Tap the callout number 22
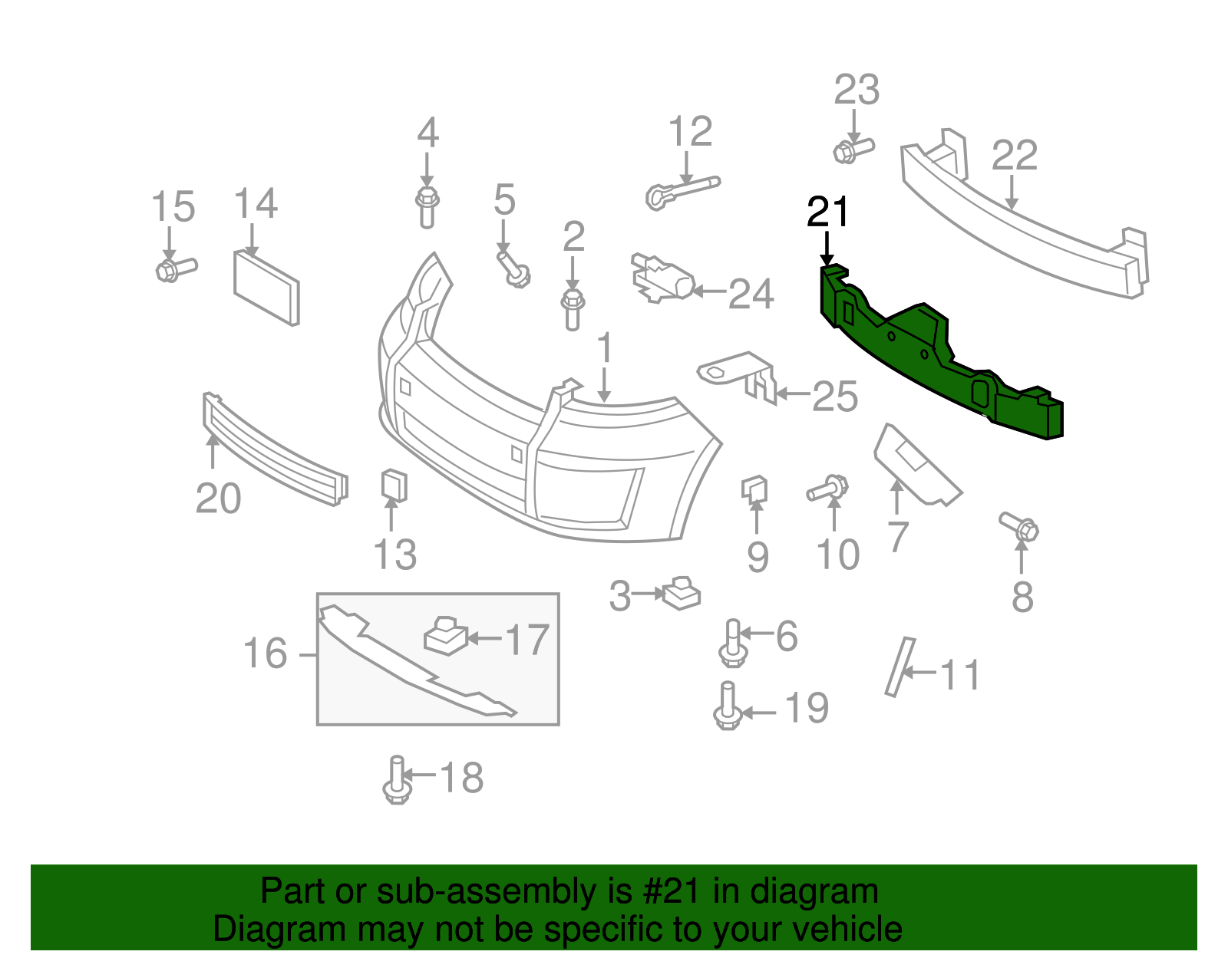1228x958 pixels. click(x=1014, y=156)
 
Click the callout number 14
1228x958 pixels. click(x=256, y=204)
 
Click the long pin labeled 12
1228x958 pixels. click(x=683, y=189)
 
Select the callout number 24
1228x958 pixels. click(x=751, y=294)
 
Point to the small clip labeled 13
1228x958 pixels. click(x=394, y=486)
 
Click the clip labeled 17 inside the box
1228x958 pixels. click(x=445, y=636)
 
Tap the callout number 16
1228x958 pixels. click(x=265, y=653)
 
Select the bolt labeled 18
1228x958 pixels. click(x=395, y=780)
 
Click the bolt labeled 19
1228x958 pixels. click(x=727, y=707)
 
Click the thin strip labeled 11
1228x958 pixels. click(x=899, y=667)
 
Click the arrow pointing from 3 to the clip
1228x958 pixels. click(x=651, y=593)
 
